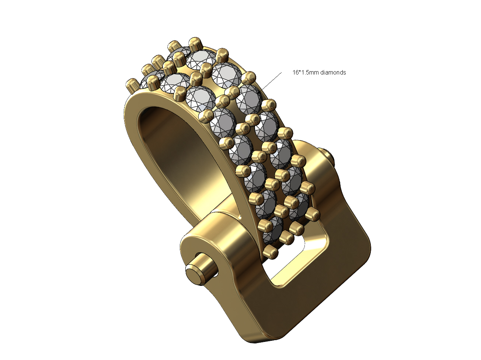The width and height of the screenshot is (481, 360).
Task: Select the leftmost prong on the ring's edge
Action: pos(131,86)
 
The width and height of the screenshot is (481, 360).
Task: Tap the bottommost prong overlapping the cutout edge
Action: pos(272,253)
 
